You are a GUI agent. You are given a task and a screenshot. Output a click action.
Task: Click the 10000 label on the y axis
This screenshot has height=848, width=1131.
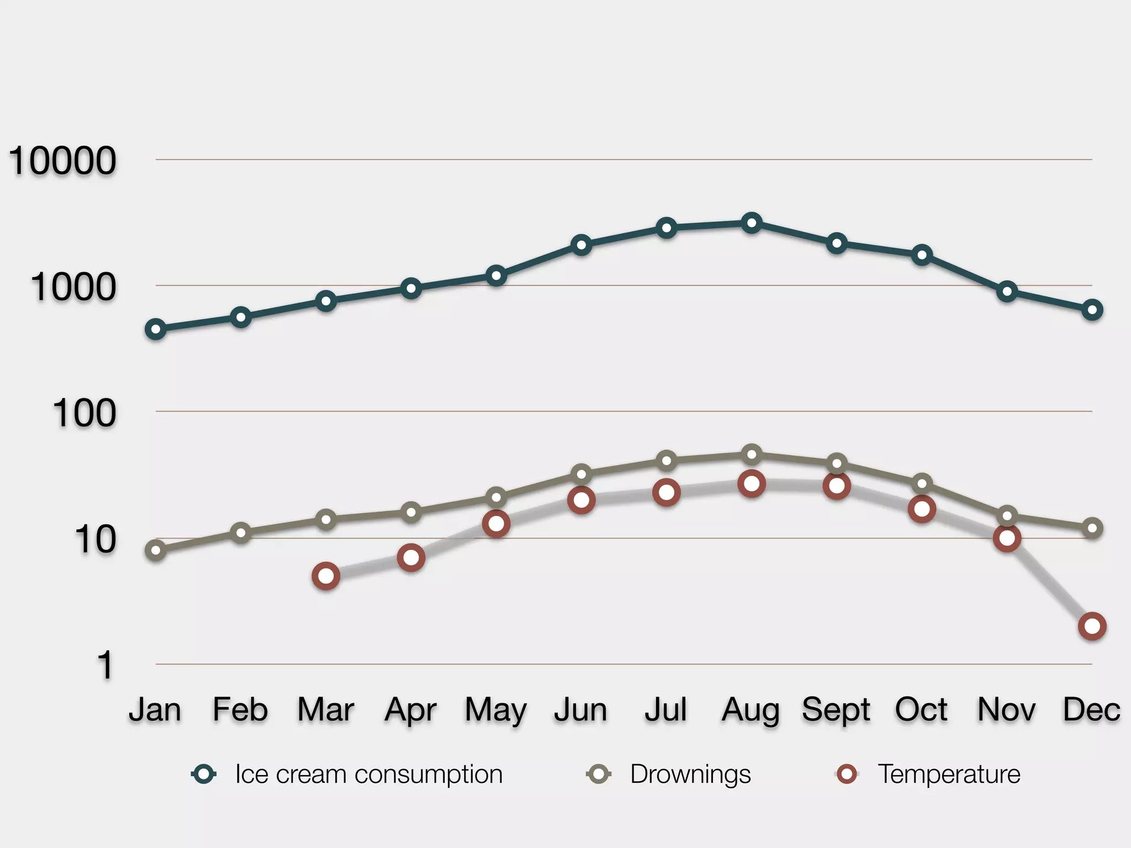tap(62, 161)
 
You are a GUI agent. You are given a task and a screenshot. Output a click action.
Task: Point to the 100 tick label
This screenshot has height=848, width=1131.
tap(84, 414)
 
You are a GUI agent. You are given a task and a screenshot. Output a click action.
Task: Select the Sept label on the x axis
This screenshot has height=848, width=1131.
tap(836, 709)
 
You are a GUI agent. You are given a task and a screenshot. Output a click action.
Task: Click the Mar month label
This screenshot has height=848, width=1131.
tap(325, 709)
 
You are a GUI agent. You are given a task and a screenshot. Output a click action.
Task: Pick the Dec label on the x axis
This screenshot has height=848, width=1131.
tap(1091, 709)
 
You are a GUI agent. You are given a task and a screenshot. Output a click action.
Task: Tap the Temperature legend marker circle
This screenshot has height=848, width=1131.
tap(847, 774)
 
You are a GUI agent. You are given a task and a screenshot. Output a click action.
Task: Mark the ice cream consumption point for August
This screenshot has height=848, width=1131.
tap(752, 223)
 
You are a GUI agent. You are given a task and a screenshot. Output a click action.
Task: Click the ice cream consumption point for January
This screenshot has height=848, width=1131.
tap(156, 330)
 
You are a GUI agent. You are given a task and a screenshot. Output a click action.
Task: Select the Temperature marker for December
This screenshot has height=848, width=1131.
tap(1092, 627)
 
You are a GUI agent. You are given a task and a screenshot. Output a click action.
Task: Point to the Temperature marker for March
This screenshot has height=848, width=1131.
tap(326, 576)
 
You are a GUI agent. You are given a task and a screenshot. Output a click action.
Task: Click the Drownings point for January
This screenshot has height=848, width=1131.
tap(156, 550)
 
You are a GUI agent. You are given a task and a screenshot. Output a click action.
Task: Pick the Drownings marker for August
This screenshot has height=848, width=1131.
tap(752, 455)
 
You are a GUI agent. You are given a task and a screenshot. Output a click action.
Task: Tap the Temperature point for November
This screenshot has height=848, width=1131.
tap(1007, 538)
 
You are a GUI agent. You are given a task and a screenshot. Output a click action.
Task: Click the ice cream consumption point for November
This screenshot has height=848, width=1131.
tap(1007, 291)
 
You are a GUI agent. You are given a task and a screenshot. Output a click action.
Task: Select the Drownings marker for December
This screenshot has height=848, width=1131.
tap(1092, 528)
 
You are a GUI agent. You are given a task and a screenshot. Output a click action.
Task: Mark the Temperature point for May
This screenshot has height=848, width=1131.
tap(496, 523)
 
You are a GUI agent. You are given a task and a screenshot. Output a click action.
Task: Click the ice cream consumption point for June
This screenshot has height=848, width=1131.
tap(581, 245)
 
